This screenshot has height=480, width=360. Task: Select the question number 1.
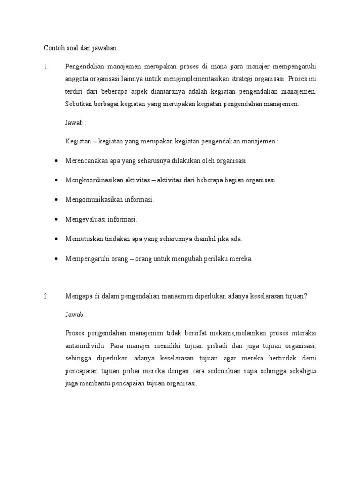tap(46, 67)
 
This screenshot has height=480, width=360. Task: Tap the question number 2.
tap(46, 296)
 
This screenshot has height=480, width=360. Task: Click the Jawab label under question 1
tap(75, 123)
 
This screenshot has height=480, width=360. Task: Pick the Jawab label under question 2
tap(75, 314)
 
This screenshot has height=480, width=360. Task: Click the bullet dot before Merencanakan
tap(56, 161)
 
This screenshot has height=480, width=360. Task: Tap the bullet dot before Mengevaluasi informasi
tap(56, 219)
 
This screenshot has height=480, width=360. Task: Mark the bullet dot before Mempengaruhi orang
tap(56, 259)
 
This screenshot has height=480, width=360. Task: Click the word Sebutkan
tap(78, 104)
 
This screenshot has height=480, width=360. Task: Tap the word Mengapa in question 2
tap(77, 296)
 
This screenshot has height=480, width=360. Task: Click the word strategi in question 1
tap(255, 79)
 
